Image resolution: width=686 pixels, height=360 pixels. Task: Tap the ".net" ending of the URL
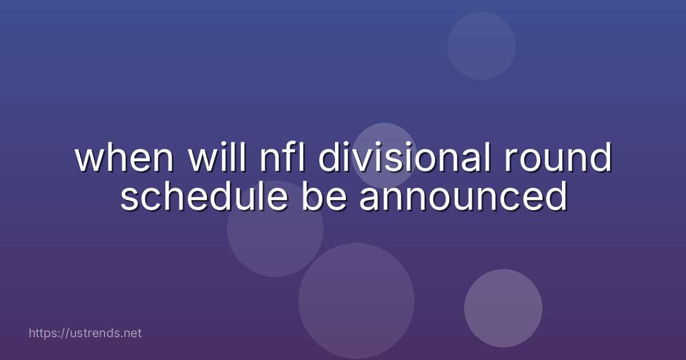(x=131, y=333)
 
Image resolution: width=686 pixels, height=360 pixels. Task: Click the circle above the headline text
(x=481, y=46)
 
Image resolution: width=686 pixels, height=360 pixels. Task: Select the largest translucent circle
(x=356, y=301)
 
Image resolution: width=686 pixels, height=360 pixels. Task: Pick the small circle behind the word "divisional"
(x=384, y=154)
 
